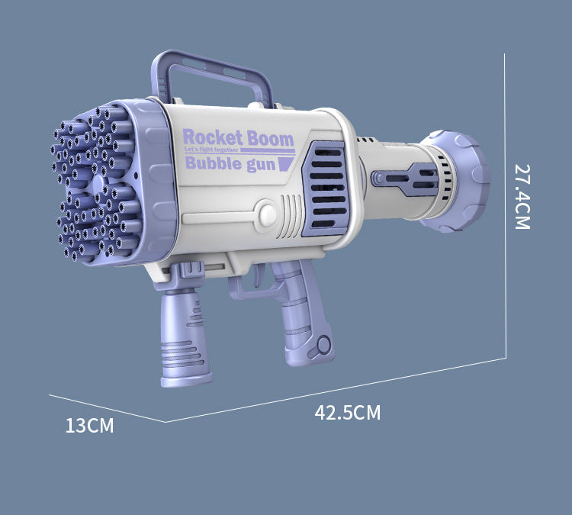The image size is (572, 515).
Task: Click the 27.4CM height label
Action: [x=521, y=196]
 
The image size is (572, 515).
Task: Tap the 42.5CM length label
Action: [x=347, y=413]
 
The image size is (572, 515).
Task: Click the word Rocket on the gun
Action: [x=213, y=138]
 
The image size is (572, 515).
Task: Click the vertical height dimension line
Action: [x=506, y=206]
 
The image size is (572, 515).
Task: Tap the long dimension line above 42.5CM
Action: [x=336, y=388]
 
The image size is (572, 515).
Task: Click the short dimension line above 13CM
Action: [x=107, y=408]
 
